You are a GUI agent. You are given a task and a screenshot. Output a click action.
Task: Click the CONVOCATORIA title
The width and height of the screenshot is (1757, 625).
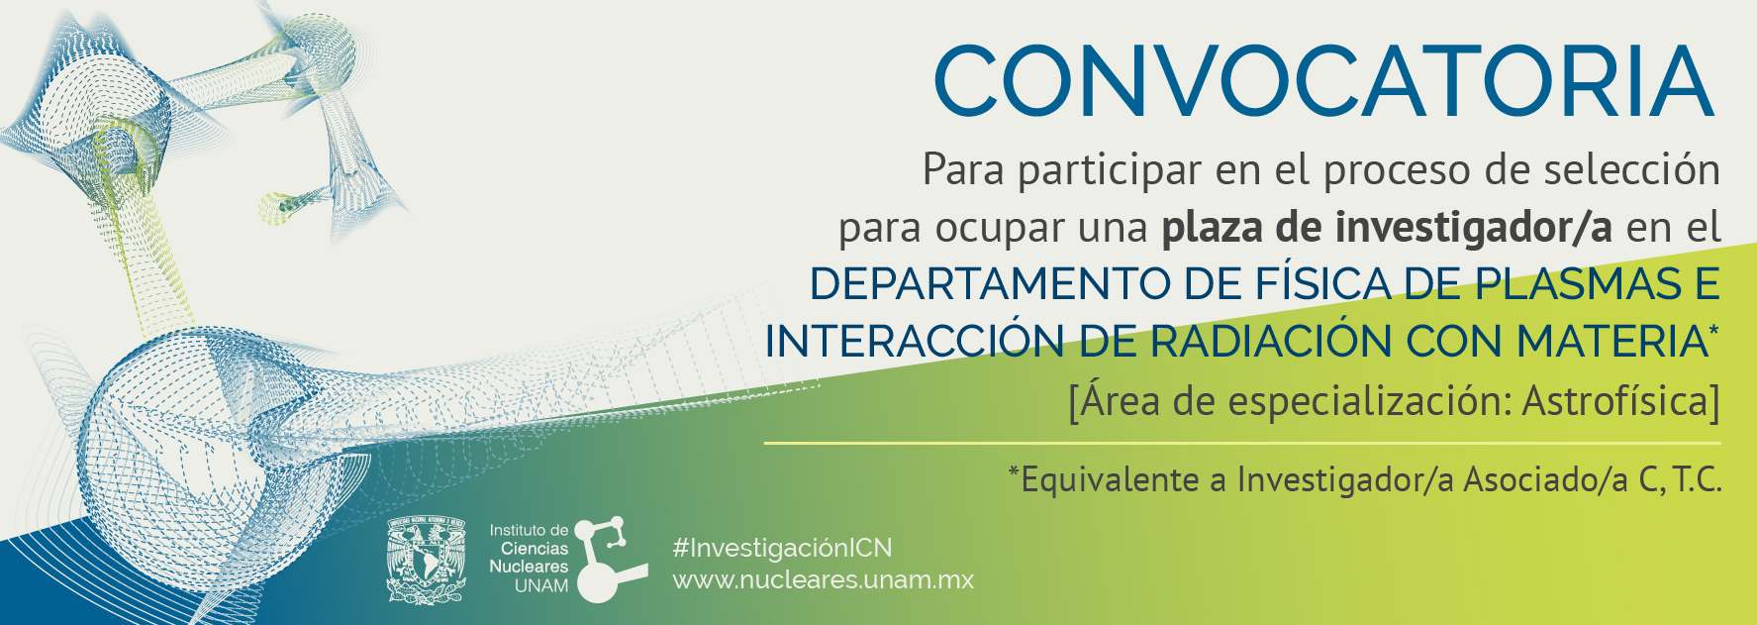[1323, 82]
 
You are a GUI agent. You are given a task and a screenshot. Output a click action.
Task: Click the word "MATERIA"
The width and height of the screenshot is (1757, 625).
[1611, 343]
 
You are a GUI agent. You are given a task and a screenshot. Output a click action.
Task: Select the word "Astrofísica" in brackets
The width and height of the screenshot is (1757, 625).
[1614, 401]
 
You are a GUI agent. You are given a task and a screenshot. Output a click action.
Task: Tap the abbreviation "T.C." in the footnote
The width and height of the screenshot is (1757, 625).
[1698, 480]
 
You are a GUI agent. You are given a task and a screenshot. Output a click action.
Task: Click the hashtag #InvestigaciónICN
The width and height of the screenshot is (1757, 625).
[782, 548]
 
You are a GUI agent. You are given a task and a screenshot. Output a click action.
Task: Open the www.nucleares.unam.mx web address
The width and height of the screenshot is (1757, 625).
[824, 580]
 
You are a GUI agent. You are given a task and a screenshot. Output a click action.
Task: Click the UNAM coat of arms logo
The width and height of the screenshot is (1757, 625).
[427, 560]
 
